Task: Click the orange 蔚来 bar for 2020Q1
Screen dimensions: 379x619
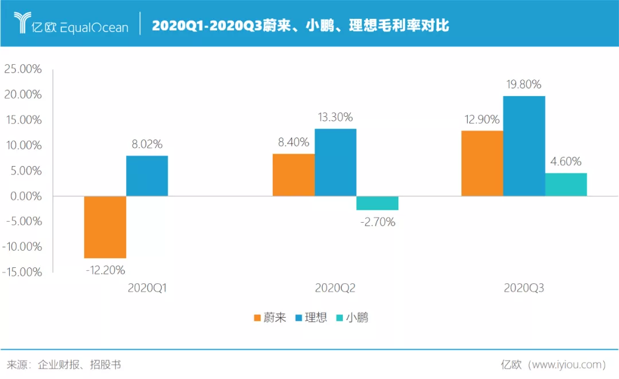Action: [x=105, y=227]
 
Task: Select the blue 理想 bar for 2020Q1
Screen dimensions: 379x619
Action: [x=147, y=176]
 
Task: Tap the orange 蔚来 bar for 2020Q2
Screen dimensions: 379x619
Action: [x=293, y=175]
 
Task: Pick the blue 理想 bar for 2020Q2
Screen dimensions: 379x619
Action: [x=335, y=162]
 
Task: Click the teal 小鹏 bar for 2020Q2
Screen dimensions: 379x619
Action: [x=377, y=203]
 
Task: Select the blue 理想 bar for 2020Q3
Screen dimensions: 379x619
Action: [x=524, y=146]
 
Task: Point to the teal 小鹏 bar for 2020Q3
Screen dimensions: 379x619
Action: [x=566, y=184]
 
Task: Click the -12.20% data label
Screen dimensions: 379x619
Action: [x=105, y=270]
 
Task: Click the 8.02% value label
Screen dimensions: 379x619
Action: [x=147, y=144]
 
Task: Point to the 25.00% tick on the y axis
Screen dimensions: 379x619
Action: [x=23, y=69]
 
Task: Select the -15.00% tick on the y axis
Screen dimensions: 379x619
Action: [x=22, y=272]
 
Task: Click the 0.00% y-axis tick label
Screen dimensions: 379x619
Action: [x=25, y=196]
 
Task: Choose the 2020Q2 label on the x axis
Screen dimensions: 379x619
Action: [x=335, y=289]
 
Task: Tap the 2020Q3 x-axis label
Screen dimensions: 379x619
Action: [x=524, y=289]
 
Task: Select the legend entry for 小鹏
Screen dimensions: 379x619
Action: [x=351, y=318]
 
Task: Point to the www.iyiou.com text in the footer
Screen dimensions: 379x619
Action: [x=567, y=365]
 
